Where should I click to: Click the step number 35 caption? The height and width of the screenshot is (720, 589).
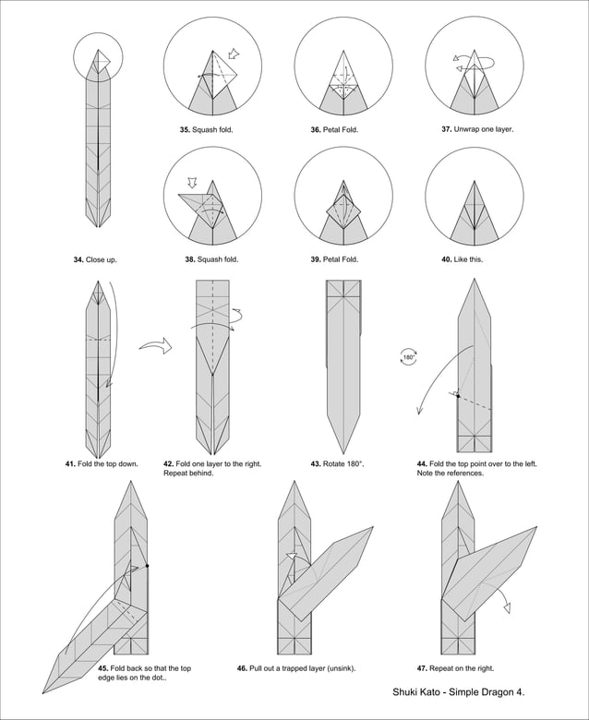(206, 130)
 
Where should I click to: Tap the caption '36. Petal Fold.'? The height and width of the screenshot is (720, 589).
(334, 130)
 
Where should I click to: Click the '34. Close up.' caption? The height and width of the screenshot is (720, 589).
(95, 259)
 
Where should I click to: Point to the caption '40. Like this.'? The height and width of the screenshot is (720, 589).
(462, 259)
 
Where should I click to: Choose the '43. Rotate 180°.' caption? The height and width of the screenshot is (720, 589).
(337, 463)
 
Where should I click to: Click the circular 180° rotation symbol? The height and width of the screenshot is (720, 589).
(408, 357)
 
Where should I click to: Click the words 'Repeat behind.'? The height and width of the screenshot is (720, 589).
(188, 474)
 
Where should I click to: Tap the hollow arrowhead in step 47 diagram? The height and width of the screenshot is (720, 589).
(507, 606)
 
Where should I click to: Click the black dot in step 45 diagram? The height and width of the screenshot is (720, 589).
(147, 565)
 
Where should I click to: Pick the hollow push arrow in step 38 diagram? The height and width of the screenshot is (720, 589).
(192, 184)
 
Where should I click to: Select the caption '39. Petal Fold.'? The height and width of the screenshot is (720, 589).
(334, 259)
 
